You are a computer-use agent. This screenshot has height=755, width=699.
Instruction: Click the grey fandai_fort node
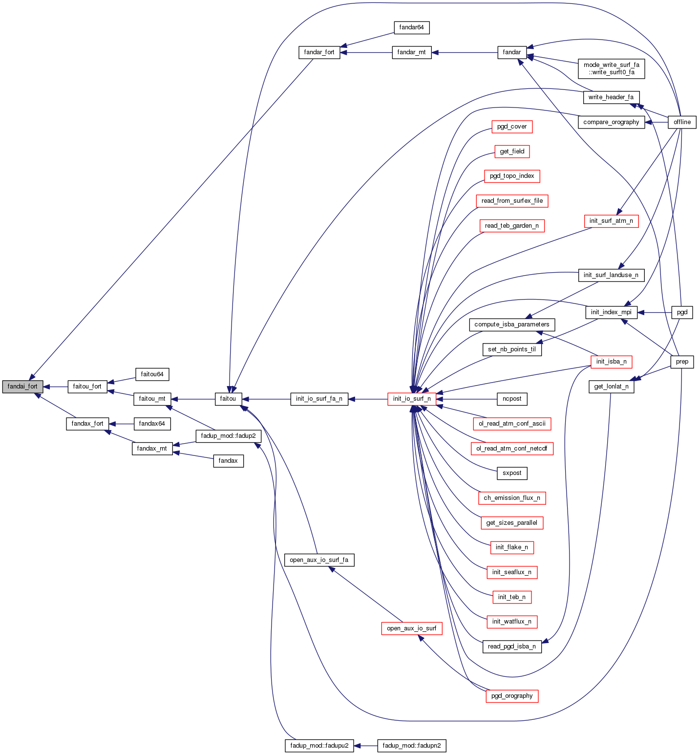coord(22,387)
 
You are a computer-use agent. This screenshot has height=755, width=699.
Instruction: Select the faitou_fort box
coord(87,387)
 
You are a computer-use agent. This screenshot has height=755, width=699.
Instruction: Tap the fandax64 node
coord(152,424)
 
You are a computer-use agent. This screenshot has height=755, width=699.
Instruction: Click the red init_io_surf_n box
coord(412,399)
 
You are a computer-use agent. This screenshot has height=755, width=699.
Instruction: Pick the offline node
coord(682,122)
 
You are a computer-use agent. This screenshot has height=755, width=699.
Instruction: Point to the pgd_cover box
coord(512,127)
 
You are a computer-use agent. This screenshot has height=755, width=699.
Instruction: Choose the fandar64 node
coord(411,28)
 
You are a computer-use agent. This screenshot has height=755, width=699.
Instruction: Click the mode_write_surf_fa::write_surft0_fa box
coord(611,68)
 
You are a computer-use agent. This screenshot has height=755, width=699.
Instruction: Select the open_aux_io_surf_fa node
coord(319,560)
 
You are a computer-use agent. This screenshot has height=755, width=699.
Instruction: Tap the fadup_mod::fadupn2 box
coord(412,746)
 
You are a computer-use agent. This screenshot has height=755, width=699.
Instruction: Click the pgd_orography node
coord(512,696)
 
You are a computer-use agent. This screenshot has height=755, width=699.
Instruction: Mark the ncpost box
coord(512,399)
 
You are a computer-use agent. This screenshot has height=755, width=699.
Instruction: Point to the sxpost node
coord(512,473)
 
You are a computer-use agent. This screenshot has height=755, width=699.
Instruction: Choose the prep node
coord(682,362)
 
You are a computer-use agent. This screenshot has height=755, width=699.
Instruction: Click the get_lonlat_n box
coord(611,387)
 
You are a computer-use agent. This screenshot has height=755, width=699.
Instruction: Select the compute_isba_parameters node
coord(512,324)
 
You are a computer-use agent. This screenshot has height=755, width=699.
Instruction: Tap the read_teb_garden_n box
coord(512,226)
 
